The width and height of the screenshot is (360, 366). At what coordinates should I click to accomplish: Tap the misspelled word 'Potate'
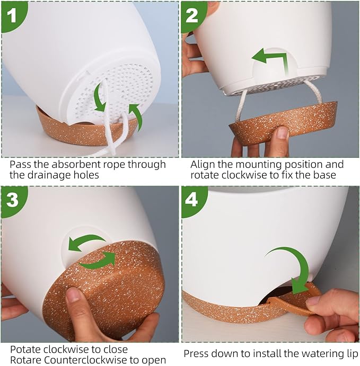[x=25, y=350]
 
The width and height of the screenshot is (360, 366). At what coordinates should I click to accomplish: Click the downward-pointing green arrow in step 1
[x=99, y=98]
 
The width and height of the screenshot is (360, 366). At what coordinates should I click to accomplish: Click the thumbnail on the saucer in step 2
[x=283, y=133]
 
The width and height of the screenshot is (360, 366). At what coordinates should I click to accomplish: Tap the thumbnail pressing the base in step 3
[x=73, y=294]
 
